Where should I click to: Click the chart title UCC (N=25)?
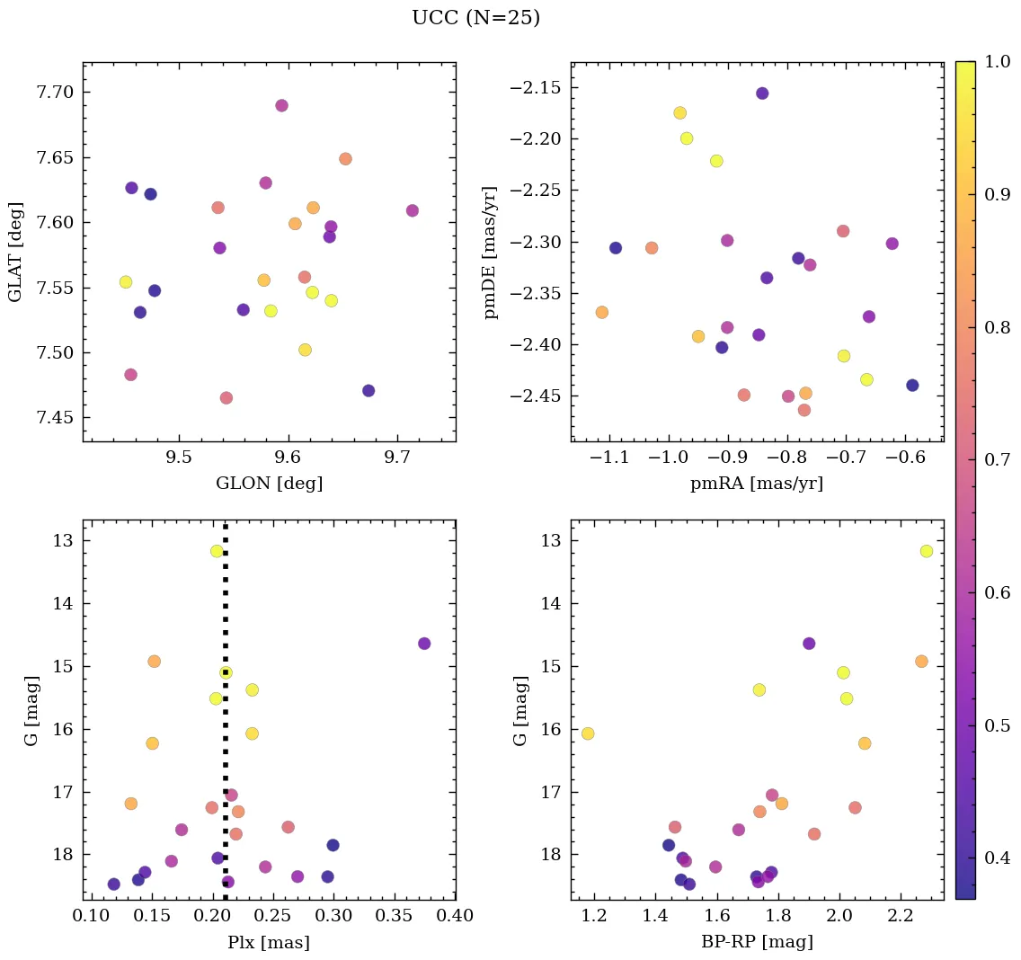tap(475, 18)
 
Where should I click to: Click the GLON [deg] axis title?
tap(269, 484)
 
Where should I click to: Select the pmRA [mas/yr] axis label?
tap(756, 484)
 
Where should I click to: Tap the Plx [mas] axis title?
tap(269, 942)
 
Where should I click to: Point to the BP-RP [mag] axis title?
tap(756, 942)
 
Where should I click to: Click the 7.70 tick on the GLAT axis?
tap(57, 93)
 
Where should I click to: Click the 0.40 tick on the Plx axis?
tap(456, 917)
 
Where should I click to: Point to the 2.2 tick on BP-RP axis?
tap(901, 917)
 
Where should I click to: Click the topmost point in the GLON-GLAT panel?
tap(281, 105)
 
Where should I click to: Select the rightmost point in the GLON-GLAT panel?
tap(413, 210)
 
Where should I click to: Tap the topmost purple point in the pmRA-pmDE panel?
tap(762, 93)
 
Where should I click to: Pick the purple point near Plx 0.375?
tap(424, 644)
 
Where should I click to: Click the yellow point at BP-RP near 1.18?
tap(588, 733)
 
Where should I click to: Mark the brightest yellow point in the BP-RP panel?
tap(927, 551)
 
